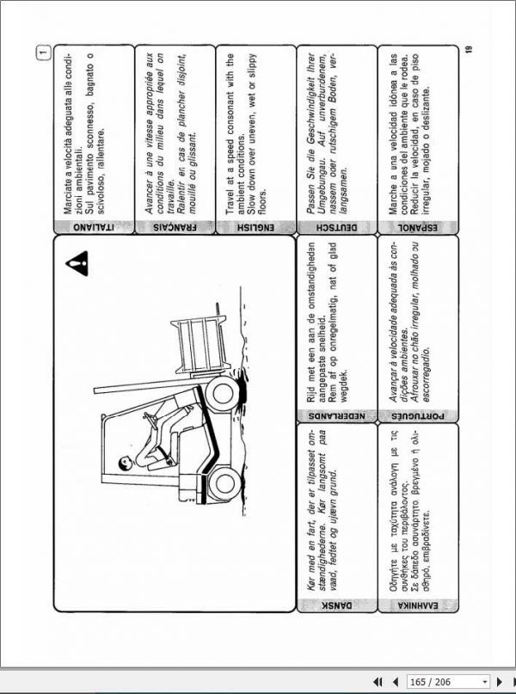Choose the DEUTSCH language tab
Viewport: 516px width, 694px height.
click(x=336, y=228)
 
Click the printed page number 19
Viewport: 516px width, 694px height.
click(x=467, y=50)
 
